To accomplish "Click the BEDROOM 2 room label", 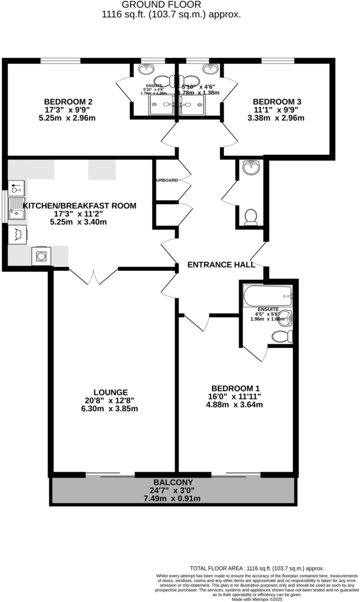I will tap(68, 102).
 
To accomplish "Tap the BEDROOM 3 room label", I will tap(277, 102).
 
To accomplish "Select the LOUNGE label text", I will tap(111, 392).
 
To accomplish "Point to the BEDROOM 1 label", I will tap(235, 388).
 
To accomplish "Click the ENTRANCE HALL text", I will tap(221, 265).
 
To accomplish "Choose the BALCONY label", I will tap(173, 482).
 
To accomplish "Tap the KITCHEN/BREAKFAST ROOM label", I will tap(79, 206).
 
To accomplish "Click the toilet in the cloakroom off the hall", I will tap(251, 217).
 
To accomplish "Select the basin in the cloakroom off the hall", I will tap(251, 167).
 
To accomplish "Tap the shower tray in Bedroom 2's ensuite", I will tap(161, 105).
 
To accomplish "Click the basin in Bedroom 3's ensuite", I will tap(211, 69).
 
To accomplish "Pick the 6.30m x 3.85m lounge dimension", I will tap(109, 409).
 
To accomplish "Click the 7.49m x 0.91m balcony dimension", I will tap(172, 499).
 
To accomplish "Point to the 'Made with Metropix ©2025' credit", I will tap(257, 599).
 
